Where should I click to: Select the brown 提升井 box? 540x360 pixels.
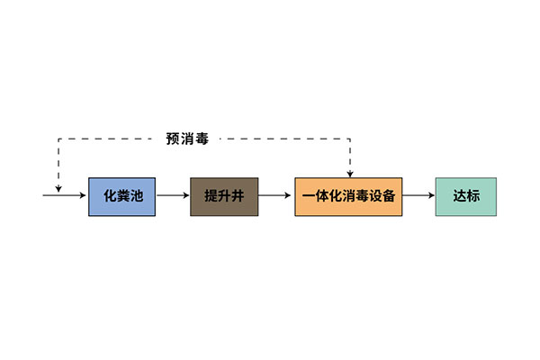(224, 196)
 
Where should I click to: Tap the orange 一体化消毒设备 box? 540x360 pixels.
(349, 196)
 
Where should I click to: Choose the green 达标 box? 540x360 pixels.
(465, 196)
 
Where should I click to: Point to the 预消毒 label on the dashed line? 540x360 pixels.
(187, 139)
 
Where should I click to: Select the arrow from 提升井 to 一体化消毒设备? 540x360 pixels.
(276, 196)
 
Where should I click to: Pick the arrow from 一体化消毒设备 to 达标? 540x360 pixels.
(418, 196)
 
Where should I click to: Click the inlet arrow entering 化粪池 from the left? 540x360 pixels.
(66, 196)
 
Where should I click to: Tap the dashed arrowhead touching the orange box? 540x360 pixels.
(349, 173)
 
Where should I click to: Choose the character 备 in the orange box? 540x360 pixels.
(389, 196)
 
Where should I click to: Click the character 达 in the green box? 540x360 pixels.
(458, 196)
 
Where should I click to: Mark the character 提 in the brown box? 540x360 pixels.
(211, 196)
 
